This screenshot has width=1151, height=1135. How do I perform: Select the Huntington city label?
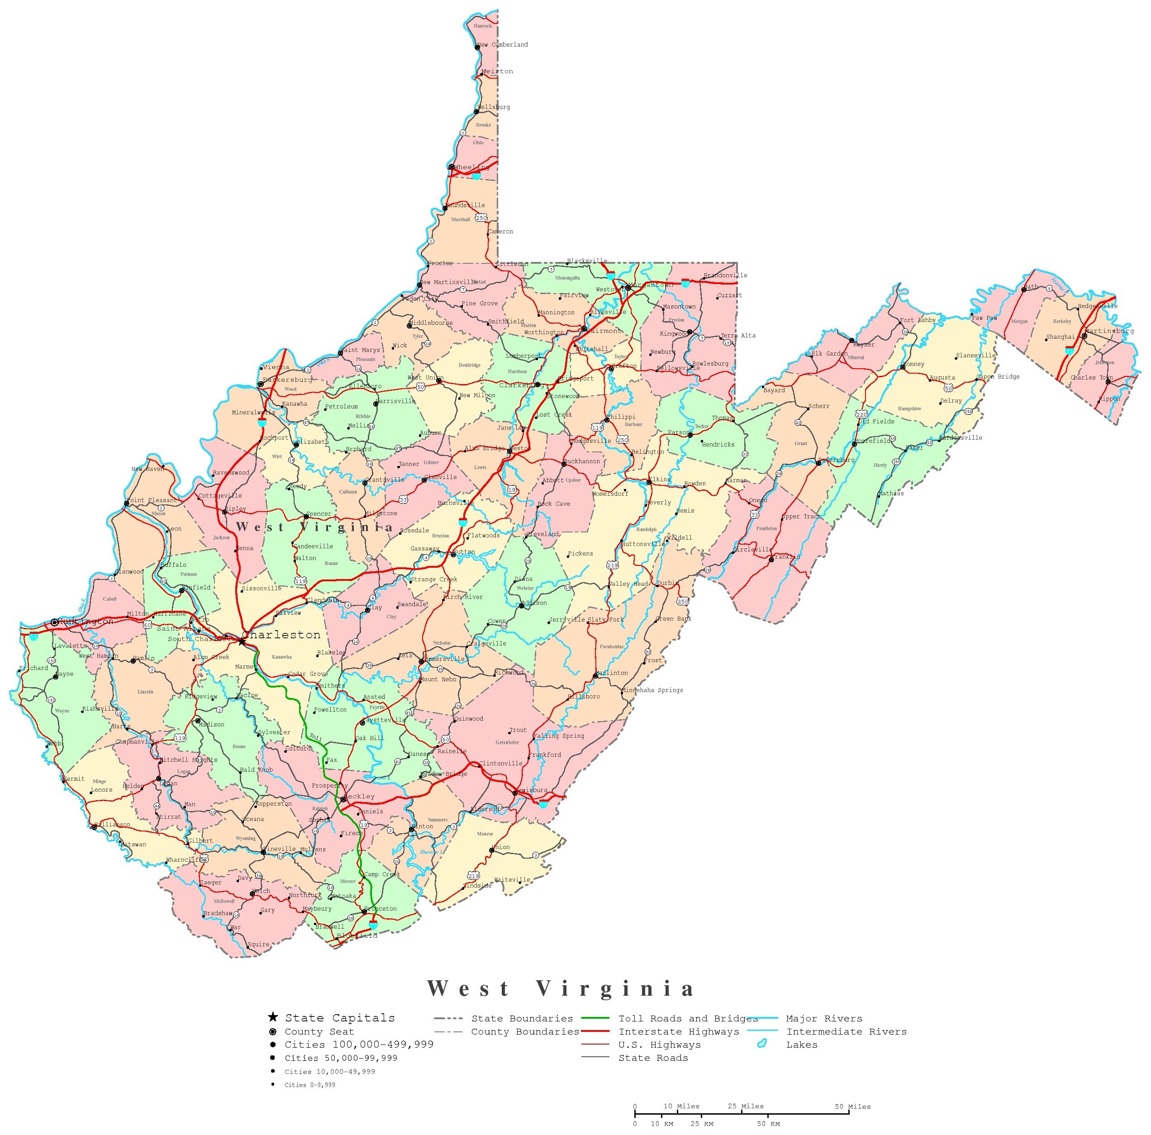(x=86, y=622)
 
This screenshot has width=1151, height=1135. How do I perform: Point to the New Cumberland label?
(x=504, y=45)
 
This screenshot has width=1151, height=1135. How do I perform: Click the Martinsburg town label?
(x=1109, y=331)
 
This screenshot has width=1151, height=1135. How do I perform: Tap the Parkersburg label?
(x=288, y=380)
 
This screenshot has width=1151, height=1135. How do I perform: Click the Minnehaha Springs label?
(x=652, y=690)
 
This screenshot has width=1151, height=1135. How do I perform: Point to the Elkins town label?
(x=660, y=479)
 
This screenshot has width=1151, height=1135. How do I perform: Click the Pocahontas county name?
(x=612, y=646)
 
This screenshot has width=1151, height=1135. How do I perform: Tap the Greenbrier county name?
(x=507, y=742)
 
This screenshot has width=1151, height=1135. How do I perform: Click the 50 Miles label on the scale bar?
(x=852, y=1107)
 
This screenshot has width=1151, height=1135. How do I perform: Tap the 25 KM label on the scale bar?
(x=702, y=1124)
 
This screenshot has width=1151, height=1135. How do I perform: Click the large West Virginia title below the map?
(x=561, y=988)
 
